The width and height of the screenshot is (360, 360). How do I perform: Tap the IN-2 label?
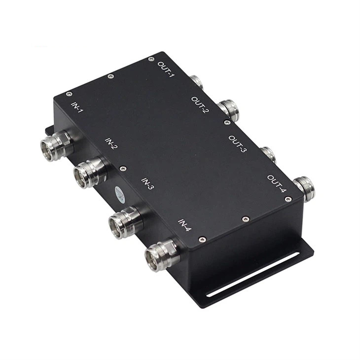[111, 144]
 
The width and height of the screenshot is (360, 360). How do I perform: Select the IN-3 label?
[147, 183]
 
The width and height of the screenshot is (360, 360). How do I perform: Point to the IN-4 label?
[185, 225]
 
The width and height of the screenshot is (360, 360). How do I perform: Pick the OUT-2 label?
[200, 105]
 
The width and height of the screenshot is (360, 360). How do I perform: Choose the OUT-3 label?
[238, 144]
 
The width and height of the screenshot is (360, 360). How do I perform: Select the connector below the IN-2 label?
[90, 173]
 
